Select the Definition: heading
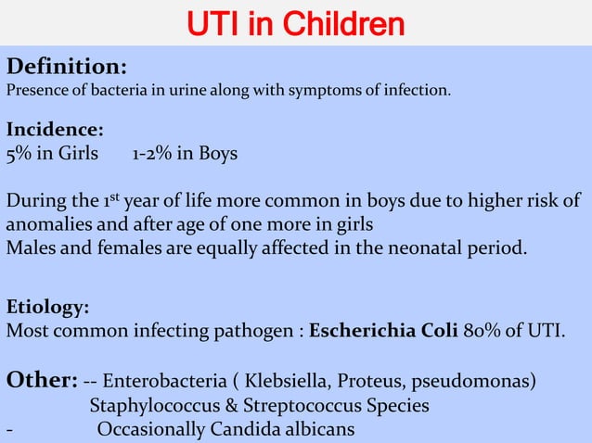(67, 67)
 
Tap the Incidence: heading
(55, 130)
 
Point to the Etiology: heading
(48, 307)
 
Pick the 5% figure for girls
(19, 153)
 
